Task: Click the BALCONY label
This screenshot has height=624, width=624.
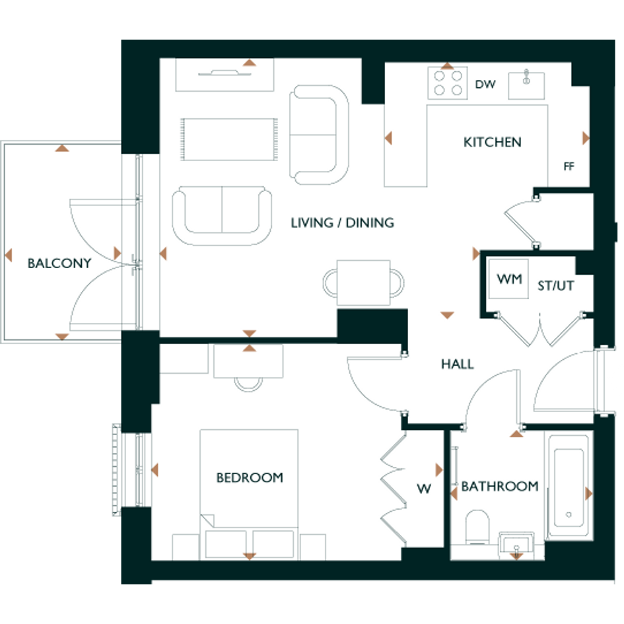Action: point(59,263)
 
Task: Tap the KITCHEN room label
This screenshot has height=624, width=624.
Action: point(493,142)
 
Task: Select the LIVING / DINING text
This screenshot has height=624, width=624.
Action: point(342,223)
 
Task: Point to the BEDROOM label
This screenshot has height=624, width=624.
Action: point(250,477)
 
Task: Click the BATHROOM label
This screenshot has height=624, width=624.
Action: point(500,486)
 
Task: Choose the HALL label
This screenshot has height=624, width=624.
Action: point(457,364)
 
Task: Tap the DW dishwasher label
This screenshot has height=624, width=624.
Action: point(485,84)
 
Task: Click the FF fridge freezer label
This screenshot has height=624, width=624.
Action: point(569,166)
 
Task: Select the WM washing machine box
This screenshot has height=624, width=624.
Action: point(508,279)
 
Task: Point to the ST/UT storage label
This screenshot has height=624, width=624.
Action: point(555,285)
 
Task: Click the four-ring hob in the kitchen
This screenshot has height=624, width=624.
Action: point(448,83)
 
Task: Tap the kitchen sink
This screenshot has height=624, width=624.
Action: point(526,85)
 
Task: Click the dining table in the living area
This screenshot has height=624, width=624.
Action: point(363,283)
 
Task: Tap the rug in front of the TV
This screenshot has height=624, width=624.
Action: point(229,139)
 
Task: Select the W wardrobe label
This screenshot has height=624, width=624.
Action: point(424,488)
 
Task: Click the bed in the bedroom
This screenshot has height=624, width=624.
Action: point(249,495)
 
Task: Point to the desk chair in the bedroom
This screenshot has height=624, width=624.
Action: point(248,384)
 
